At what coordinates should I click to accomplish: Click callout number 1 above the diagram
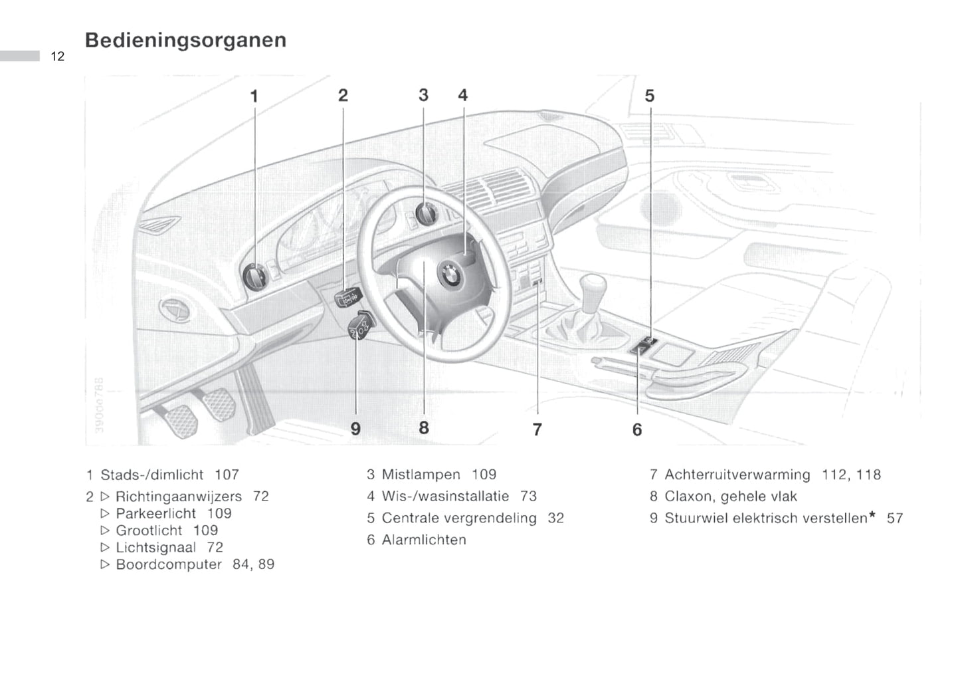click(254, 96)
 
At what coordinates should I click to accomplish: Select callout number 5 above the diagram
click(649, 96)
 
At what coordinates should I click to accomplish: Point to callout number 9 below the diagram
click(355, 429)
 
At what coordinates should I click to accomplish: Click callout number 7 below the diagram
click(537, 430)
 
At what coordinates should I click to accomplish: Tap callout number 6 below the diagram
click(637, 430)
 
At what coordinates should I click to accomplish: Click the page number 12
click(58, 57)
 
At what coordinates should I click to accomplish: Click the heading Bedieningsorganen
click(185, 40)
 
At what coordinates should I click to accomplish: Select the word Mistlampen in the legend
click(421, 475)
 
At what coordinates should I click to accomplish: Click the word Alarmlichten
click(424, 540)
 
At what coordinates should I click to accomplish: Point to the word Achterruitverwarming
click(737, 475)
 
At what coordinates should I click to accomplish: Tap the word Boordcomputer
click(169, 564)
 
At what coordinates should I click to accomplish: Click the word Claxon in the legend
click(686, 497)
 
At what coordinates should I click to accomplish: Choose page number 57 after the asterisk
click(895, 518)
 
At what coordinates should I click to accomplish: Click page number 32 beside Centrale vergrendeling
click(555, 518)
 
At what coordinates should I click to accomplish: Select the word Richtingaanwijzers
click(179, 497)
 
